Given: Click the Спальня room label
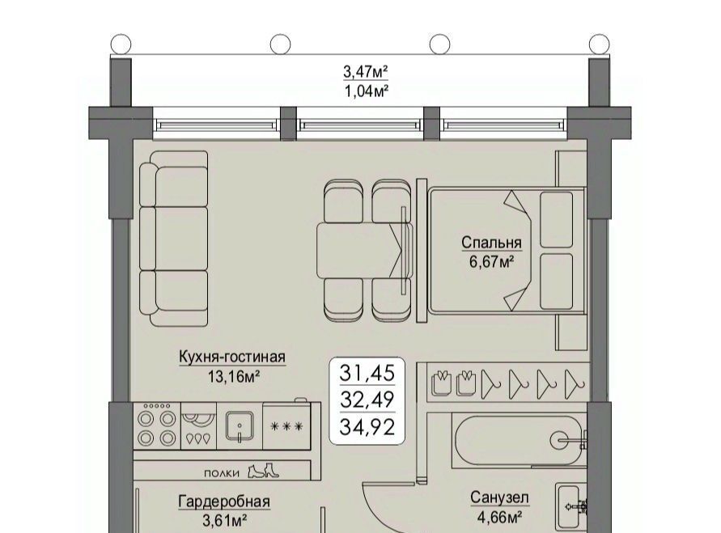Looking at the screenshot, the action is [491, 242].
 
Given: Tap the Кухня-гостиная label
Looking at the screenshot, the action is [231, 357].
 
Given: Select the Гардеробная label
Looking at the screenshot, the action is [224, 501].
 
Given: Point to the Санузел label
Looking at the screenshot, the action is [499, 497].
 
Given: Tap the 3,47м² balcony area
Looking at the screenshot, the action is [366, 72].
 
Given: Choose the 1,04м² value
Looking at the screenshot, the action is [367, 91].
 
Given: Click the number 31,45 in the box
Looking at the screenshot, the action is [367, 373].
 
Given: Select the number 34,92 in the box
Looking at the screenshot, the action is [367, 427].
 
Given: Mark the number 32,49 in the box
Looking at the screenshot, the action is [367, 400].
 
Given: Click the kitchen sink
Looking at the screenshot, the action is [239, 426].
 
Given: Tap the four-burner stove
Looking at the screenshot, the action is [157, 426].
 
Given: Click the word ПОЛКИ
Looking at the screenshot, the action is [222, 474].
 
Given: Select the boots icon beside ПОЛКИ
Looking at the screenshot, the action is [263, 471].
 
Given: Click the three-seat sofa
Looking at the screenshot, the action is [174, 239].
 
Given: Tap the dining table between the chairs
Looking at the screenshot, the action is [363, 251].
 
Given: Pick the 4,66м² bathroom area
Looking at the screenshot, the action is [499, 518].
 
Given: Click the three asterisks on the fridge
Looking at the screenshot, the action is [286, 426].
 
